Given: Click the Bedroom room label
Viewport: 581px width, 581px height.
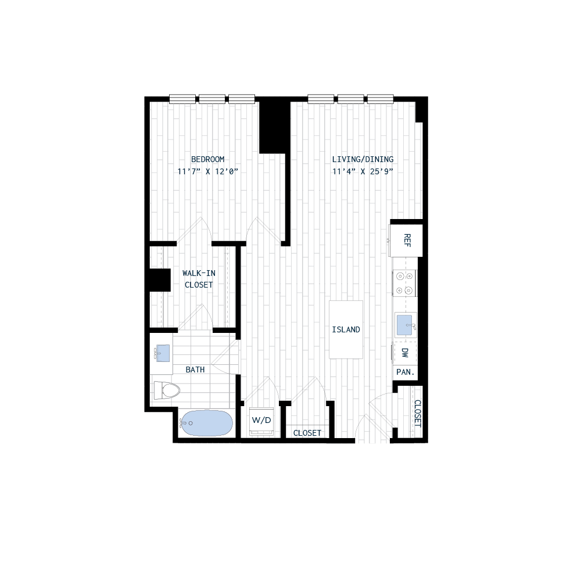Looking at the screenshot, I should [x=207, y=159].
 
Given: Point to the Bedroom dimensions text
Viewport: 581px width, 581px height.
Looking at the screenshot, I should [x=209, y=171].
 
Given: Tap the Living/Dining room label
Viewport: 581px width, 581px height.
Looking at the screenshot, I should [x=363, y=159].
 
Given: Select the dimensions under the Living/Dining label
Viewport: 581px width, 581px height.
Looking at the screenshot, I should [x=363, y=171].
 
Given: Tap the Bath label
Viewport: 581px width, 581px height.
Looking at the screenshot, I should [x=195, y=370].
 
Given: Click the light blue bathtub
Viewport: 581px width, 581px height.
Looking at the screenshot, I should [x=206, y=423].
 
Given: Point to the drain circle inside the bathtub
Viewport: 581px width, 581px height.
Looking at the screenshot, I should [x=190, y=424].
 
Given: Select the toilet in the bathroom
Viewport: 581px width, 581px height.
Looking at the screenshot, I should [x=165, y=390].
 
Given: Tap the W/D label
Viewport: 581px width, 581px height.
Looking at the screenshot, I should [x=261, y=424].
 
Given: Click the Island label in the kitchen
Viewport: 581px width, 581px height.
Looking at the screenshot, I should [x=346, y=337].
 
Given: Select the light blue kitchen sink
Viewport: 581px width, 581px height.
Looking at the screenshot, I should [x=404, y=325].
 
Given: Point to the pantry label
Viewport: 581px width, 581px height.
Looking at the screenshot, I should [x=404, y=373].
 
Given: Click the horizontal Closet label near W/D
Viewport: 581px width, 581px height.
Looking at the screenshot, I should [x=307, y=433].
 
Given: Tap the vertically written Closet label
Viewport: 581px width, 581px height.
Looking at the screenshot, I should [x=418, y=417].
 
